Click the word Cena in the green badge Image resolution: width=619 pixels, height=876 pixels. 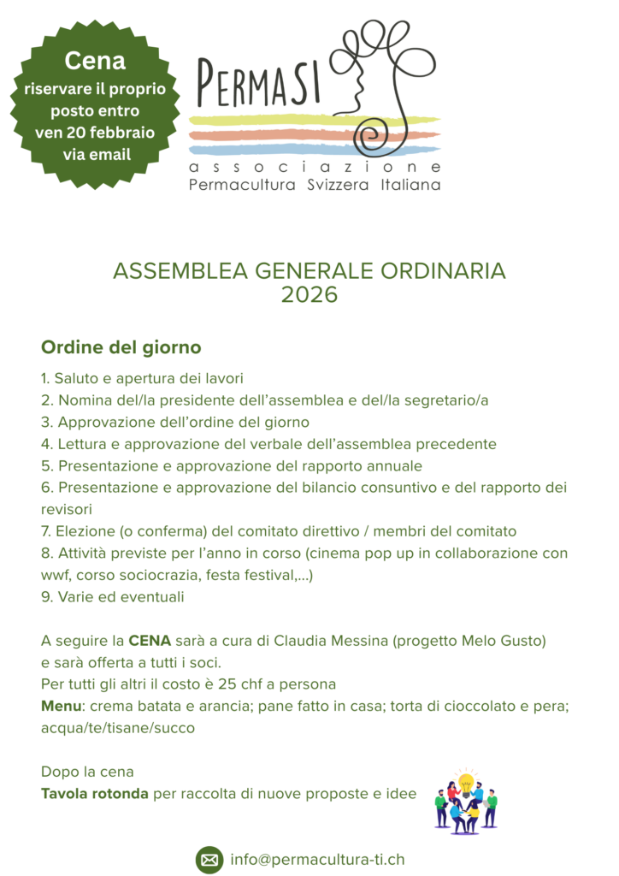tap(95, 62)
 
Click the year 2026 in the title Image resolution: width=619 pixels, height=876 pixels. tap(309, 295)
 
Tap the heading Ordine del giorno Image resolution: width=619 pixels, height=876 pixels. tap(121, 348)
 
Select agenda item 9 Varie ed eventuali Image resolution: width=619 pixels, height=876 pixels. tap(112, 597)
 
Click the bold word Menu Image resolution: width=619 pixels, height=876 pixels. tap(61, 707)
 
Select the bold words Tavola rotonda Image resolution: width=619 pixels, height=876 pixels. tap(95, 794)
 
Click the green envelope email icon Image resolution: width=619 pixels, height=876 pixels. tap(209, 859)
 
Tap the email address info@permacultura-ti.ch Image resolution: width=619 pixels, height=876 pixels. tap(317, 859)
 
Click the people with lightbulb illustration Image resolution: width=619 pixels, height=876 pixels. tap(465, 800)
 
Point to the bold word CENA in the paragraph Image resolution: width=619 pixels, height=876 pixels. tap(150, 641)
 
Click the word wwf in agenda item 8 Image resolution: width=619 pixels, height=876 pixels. tap(56, 575)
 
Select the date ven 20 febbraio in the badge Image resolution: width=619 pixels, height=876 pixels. tap(95, 133)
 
